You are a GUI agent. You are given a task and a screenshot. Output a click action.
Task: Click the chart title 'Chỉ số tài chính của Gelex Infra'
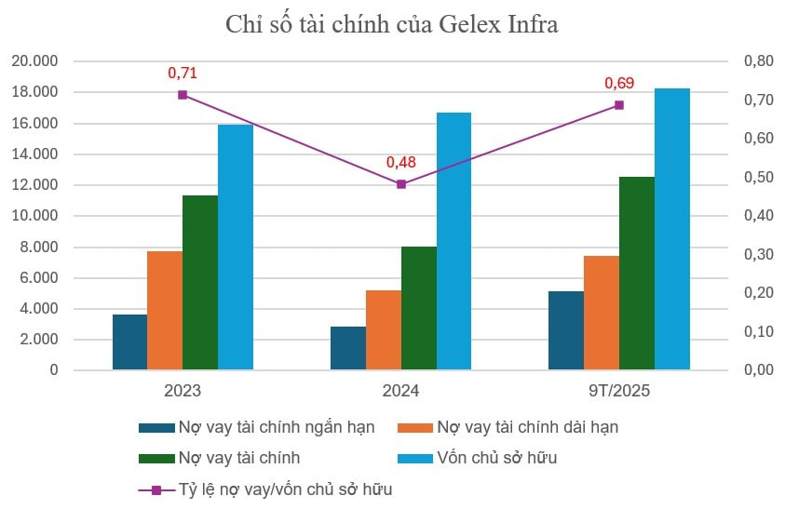click(392, 25)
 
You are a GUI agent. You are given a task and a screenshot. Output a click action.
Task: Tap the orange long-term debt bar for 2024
click(383, 330)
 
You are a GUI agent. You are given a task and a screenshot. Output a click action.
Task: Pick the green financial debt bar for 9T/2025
click(637, 274)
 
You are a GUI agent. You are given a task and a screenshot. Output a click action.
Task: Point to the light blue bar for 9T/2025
click(672, 229)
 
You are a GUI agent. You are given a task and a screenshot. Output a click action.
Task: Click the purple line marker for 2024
click(401, 184)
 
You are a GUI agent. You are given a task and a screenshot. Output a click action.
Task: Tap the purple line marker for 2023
click(183, 95)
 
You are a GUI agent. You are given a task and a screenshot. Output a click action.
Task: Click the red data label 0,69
click(619, 84)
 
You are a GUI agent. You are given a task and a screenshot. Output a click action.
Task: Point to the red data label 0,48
click(401, 162)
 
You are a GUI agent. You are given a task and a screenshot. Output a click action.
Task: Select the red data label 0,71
click(183, 73)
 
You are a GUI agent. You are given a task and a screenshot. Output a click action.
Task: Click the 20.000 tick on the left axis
click(34, 61)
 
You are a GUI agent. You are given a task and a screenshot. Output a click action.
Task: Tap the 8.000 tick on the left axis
click(38, 247)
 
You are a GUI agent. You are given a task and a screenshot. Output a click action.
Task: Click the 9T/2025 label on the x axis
click(619, 391)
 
